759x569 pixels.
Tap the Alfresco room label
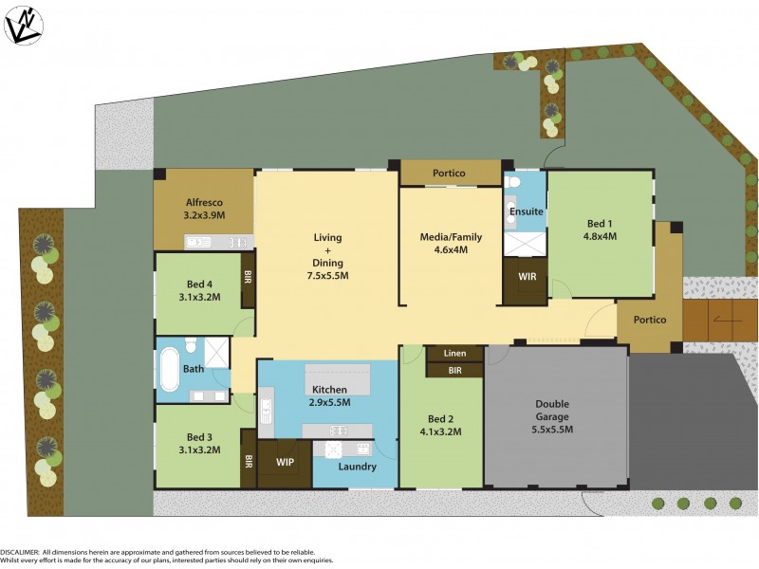(203, 202)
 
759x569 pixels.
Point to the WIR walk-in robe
(526, 278)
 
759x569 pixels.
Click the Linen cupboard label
(454, 354)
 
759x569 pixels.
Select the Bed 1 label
(600, 225)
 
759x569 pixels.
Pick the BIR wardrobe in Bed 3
(248, 461)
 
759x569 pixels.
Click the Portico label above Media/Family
(449, 174)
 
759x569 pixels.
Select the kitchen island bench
(337, 379)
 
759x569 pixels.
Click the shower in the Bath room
(217, 353)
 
